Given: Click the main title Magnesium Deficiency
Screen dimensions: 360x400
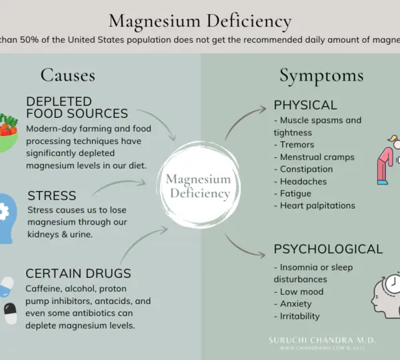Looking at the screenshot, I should pos(200,21).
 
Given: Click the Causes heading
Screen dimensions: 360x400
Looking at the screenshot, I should pos(68,75).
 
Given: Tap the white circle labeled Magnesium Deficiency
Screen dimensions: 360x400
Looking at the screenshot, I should pos(198,186).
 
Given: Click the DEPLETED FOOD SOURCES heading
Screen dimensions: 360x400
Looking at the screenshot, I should pos(77,107).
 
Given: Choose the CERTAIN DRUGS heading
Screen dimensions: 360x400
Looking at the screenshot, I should pos(78,273).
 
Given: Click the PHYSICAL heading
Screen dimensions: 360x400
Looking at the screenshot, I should pos(305,105).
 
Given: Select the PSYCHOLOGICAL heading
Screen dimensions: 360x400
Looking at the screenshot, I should pos(328,249).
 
